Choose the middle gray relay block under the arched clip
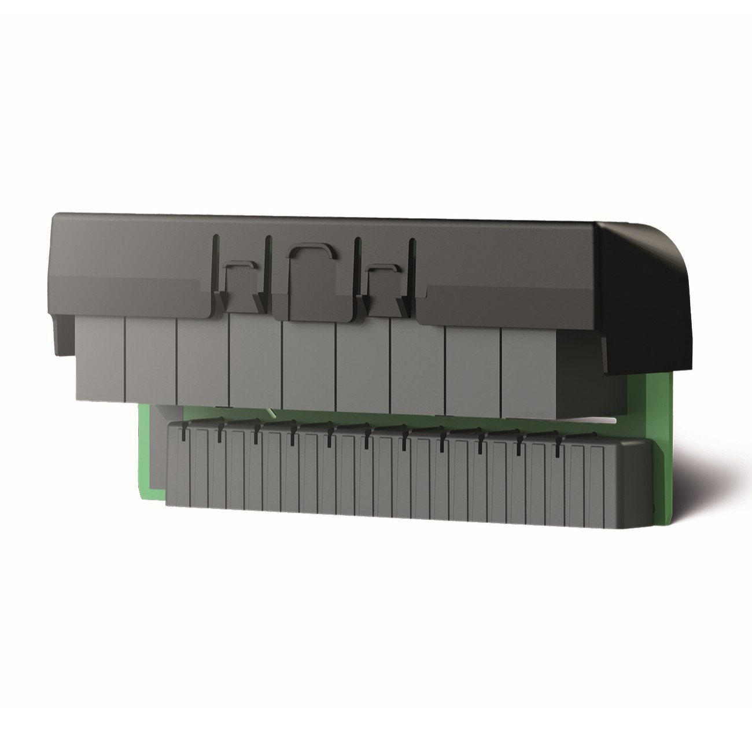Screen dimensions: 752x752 point(309,364)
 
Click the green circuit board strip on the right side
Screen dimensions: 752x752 point(665,440)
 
